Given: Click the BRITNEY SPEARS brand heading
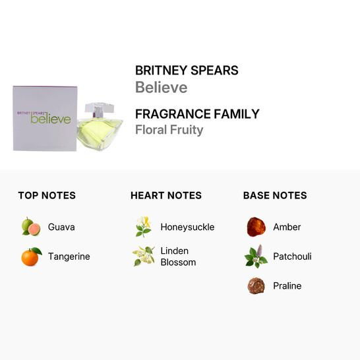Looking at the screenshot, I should tap(187, 71).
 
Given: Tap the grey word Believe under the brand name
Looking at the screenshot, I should tap(161, 88).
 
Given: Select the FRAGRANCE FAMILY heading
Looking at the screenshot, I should tap(197, 113).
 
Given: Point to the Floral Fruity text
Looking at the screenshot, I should tap(169, 129).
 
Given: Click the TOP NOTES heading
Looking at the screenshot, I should tap(47, 195).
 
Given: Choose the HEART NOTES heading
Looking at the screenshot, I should tap(166, 195).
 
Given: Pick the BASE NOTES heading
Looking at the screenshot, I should tap(275, 195).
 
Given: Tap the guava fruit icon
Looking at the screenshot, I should tap(30, 227).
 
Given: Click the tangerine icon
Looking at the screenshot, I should tap(30, 256).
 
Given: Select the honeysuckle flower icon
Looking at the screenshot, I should tap(143, 227).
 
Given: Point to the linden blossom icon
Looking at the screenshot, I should tap(143, 256).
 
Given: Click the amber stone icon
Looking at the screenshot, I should tap(256, 227).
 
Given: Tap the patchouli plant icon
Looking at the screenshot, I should tap(256, 256).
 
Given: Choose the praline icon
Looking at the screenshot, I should tap(256, 286).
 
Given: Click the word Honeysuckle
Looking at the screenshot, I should tap(187, 227).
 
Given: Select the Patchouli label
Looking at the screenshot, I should tap(292, 256).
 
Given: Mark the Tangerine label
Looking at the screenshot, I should tap(69, 256).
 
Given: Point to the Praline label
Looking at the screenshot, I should tap(287, 286).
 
